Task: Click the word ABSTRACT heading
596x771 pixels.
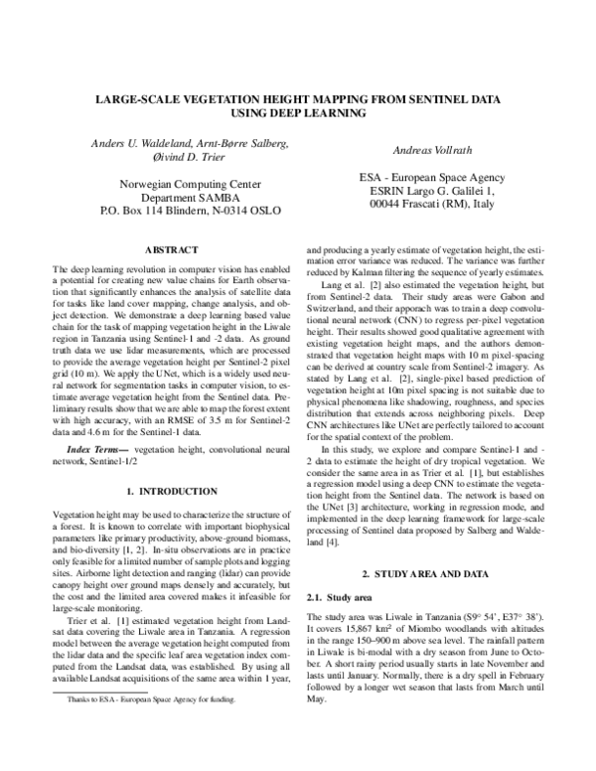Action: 176,250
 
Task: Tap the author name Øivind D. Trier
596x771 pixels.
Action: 175,162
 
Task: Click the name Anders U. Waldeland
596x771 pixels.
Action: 126,145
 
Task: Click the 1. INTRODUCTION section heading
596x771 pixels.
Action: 176,492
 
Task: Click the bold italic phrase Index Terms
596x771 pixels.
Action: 96,451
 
